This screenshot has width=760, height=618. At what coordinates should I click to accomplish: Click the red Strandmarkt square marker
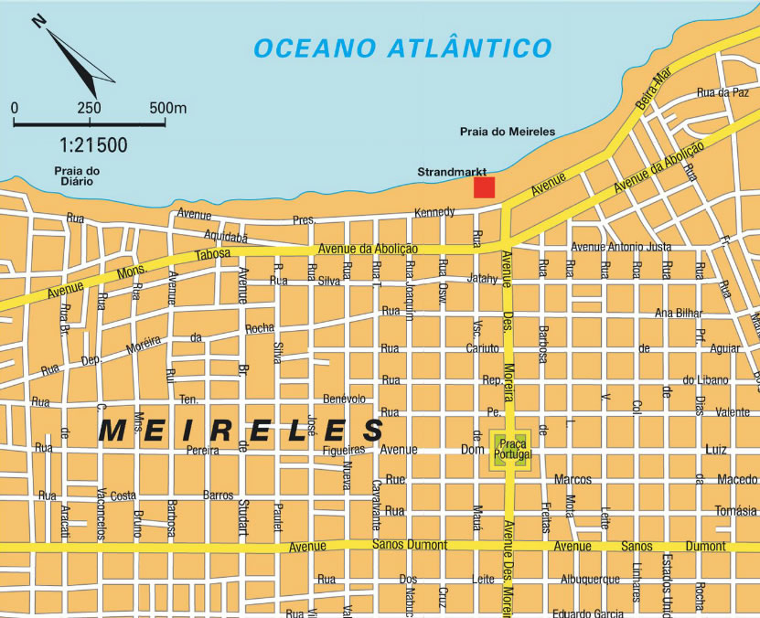[484, 187]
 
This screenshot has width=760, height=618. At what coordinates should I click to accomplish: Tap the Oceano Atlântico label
[402, 48]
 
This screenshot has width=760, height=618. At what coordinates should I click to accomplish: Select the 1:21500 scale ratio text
[93, 144]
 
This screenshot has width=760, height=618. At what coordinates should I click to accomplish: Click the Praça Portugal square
[510, 450]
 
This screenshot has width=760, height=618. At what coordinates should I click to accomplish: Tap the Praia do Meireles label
[507, 132]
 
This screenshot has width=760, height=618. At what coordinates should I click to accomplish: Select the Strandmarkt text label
[451, 171]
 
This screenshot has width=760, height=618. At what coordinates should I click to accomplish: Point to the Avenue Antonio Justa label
[620, 247]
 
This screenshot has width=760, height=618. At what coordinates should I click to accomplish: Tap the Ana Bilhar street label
[678, 313]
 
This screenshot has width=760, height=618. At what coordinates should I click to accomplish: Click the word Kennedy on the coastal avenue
[434, 212]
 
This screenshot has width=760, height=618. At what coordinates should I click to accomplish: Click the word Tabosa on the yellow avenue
[213, 255]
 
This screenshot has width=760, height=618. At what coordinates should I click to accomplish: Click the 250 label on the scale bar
[89, 108]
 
